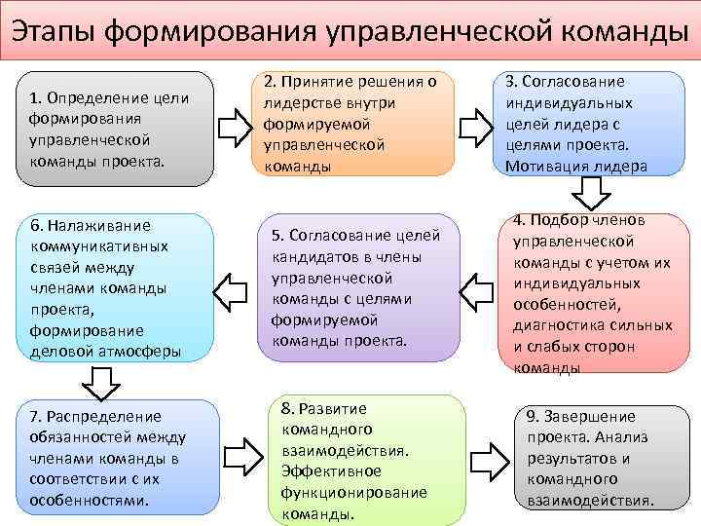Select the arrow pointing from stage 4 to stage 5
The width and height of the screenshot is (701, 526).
[476, 290]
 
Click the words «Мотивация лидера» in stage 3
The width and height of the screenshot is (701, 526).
[576, 166]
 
